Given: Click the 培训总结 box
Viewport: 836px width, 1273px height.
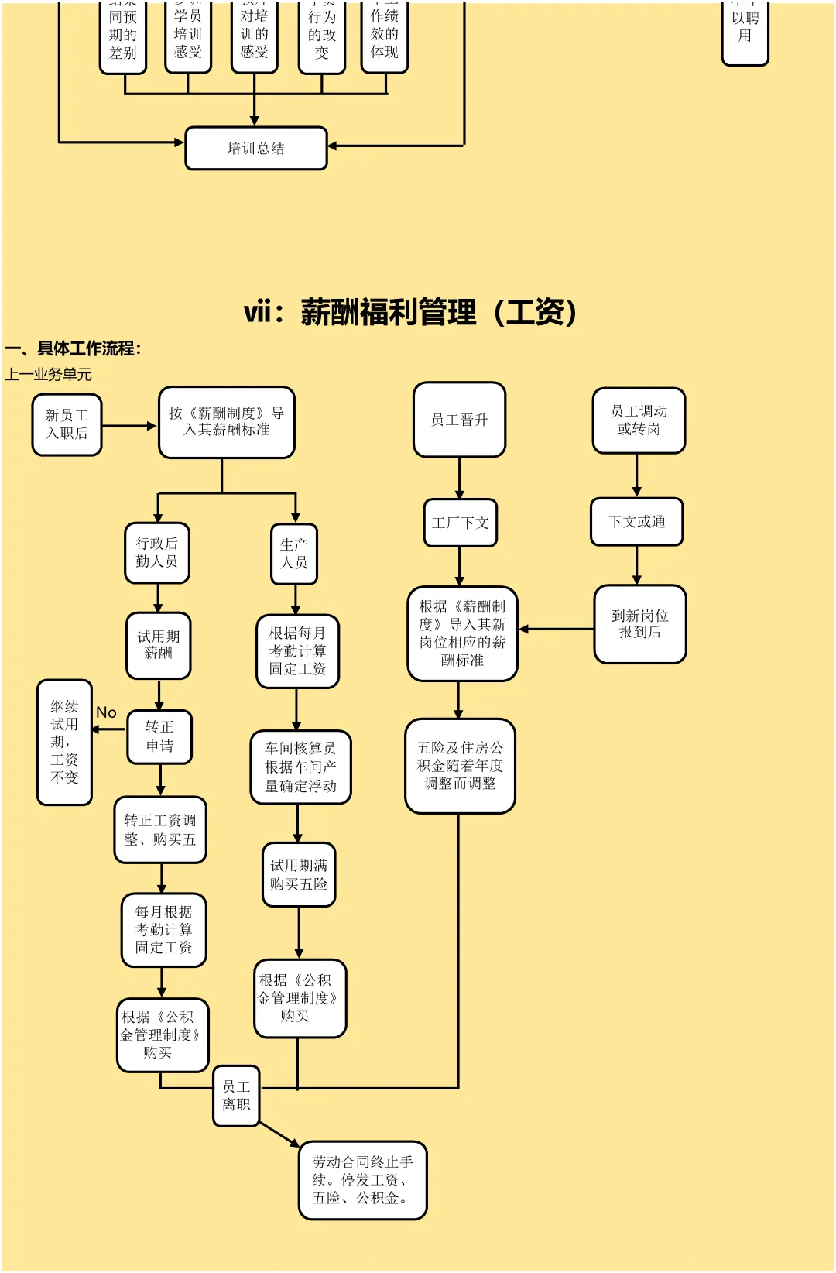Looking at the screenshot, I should tap(256, 148).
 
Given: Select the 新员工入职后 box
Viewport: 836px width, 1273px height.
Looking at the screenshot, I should tap(67, 424).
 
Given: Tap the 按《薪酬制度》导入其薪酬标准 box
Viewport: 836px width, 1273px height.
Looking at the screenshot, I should tap(227, 422).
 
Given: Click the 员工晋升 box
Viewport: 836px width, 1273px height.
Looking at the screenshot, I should tap(459, 420).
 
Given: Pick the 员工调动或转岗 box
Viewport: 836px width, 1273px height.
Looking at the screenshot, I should tap(639, 420).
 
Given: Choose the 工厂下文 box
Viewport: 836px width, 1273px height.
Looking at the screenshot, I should tap(461, 523).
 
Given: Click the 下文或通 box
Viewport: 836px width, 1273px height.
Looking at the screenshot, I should tap(636, 522).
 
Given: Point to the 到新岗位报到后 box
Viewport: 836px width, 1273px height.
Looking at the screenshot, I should tap(639, 624).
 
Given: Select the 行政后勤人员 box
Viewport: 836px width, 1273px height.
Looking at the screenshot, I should tap(157, 552).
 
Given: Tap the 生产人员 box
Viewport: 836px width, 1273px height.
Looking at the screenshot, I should tap(294, 554).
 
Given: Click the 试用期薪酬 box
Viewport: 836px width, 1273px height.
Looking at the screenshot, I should tap(159, 645).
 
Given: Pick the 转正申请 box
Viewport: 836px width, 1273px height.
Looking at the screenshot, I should tap(159, 736).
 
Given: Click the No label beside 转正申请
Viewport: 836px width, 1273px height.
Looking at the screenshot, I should tap(106, 712).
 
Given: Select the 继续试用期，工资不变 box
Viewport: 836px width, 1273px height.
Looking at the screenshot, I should tap(65, 742).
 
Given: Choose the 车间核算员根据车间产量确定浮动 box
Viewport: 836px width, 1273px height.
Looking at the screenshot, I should tap(300, 767).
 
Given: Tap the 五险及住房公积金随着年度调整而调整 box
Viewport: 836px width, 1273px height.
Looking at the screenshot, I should tap(460, 766).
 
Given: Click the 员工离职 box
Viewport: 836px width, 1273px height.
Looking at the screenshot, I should tap(236, 1096).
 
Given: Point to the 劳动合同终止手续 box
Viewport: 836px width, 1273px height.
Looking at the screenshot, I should tap(362, 1180).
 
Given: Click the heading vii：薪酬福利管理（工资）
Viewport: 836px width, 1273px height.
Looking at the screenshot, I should tap(410, 312).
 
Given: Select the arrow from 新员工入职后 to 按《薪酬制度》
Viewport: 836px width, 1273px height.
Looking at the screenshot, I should tap(129, 426).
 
